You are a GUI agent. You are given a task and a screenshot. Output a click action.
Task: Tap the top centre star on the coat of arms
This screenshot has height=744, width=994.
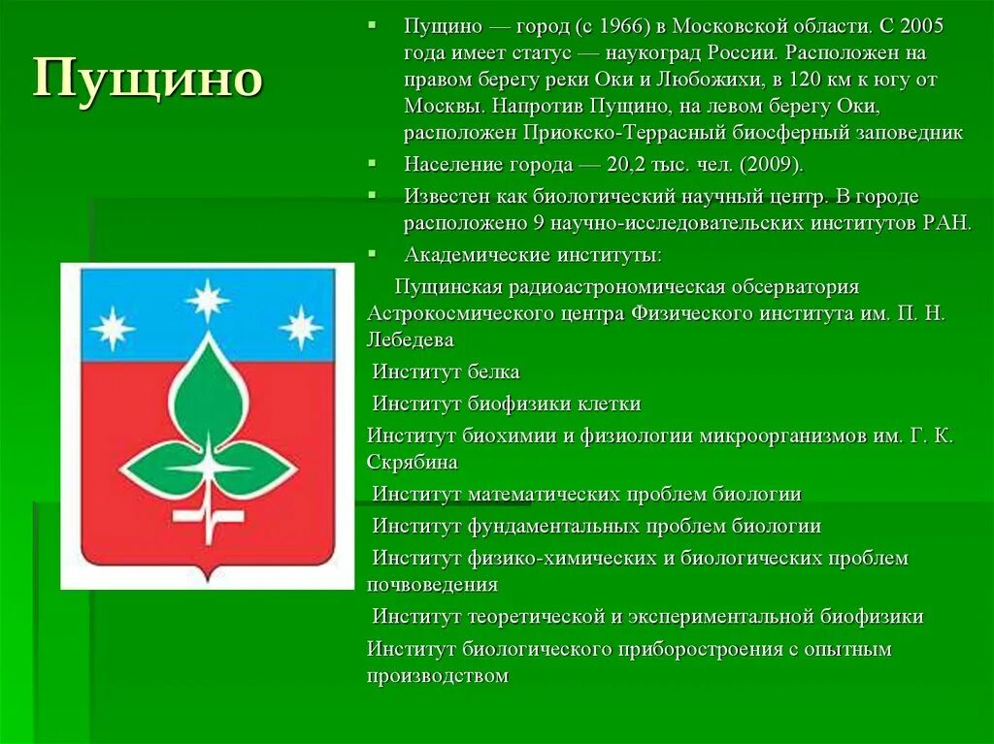coord(208,300)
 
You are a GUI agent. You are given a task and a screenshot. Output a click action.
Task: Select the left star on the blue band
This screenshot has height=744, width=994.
coord(113,328)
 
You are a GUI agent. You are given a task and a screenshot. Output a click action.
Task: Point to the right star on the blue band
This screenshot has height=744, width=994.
coord(301,328)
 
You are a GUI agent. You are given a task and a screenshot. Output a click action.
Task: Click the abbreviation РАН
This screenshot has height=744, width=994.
coord(945,223)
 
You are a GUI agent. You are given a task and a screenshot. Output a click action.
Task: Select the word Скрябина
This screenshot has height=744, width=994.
coord(413,463)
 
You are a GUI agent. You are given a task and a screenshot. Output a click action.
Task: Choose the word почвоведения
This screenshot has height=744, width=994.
coord(433,585)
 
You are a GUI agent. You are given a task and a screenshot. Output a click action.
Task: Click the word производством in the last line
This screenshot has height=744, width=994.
coord(438,676)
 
